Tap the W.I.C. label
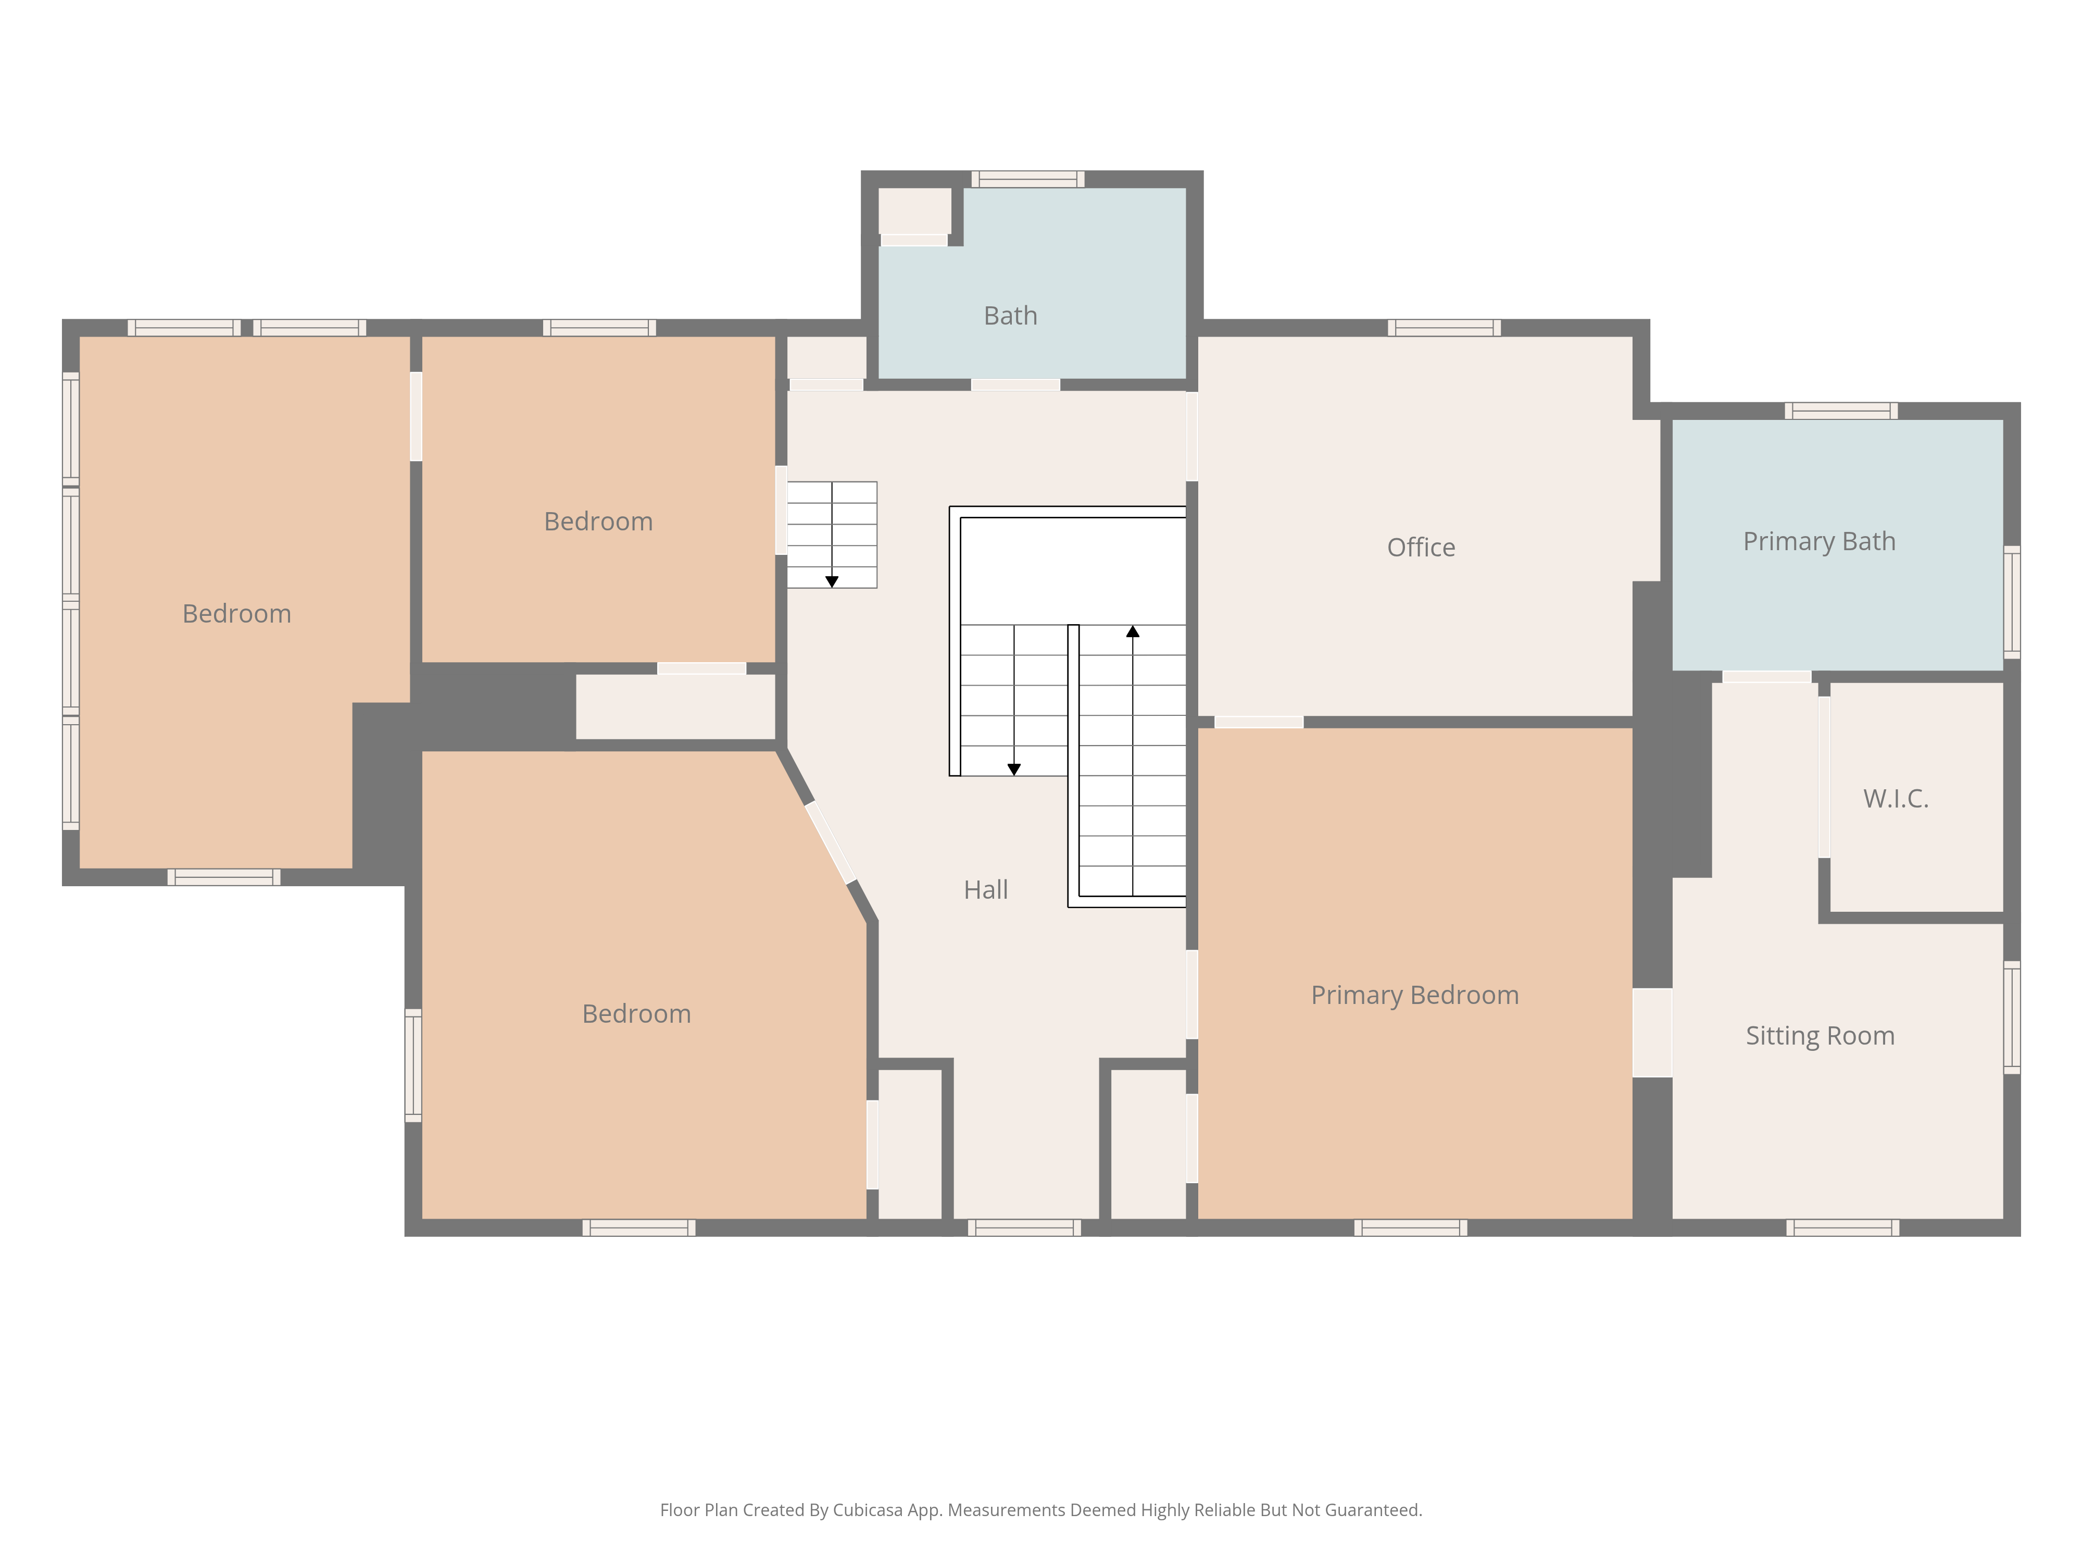tap(1896, 799)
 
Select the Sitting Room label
tap(1820, 1036)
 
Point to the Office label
tap(1421, 548)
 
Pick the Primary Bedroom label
tap(1414, 995)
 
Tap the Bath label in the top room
tap(1010, 316)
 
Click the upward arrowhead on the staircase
tap(1133, 631)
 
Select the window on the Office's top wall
tap(1444, 328)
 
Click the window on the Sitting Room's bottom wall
tap(1842, 1227)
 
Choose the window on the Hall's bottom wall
tap(1024, 1227)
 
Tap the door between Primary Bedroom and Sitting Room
tap(1652, 1033)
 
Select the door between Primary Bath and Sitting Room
tap(1766, 676)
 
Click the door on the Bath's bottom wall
tap(1015, 384)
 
